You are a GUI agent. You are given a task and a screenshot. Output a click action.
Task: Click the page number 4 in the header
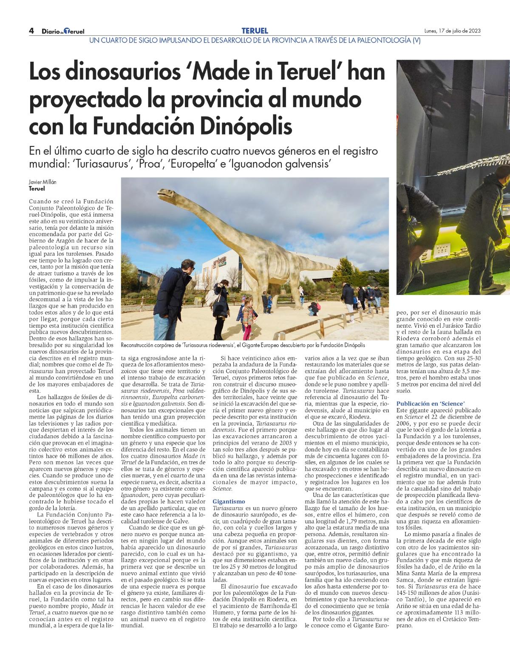click(x=31, y=31)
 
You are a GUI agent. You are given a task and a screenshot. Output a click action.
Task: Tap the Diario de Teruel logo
click(x=63, y=31)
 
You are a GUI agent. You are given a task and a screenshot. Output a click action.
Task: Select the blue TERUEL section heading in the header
click(x=255, y=31)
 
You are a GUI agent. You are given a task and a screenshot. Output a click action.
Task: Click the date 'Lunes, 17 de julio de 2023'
click(x=453, y=31)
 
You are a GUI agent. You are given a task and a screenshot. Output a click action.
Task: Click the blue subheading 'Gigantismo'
click(x=229, y=501)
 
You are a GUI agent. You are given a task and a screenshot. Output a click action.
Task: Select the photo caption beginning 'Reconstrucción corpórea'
click(x=243, y=345)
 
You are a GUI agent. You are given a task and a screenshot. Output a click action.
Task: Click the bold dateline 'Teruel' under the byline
click(x=37, y=188)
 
